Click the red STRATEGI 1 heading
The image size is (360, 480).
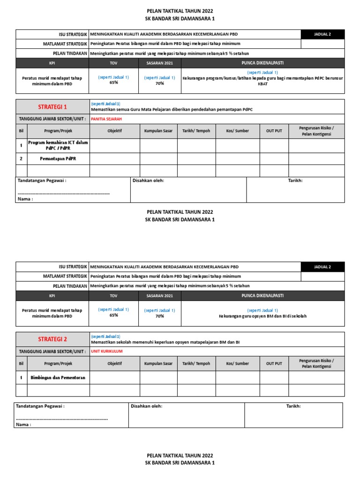(x=52, y=107)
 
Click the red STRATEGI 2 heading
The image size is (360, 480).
(x=52, y=339)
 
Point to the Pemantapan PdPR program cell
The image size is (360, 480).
(x=58, y=158)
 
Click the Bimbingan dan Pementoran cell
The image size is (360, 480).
(x=58, y=377)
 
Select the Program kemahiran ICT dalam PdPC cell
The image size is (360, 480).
(x=58, y=145)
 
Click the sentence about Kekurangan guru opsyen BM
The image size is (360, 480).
(x=262, y=316)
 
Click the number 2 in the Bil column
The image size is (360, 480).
(x=21, y=158)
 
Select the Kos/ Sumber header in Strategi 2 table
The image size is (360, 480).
(x=238, y=363)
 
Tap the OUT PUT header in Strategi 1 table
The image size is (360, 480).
(x=274, y=131)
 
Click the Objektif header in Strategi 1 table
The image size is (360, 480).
(x=114, y=131)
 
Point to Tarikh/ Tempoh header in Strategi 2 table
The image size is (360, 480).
(x=196, y=363)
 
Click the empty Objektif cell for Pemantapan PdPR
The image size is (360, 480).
(x=114, y=158)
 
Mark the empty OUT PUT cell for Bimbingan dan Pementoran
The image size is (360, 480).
(x=274, y=377)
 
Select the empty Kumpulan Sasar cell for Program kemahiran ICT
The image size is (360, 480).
(x=158, y=145)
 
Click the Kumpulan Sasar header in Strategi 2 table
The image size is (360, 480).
(x=158, y=363)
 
